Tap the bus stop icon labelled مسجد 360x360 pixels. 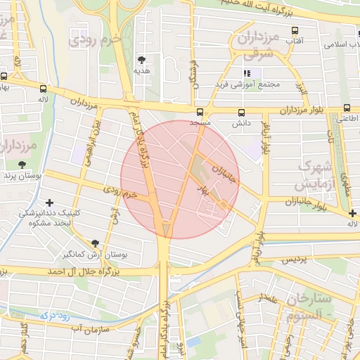click(x=200, y=112)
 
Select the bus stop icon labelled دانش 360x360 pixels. click(x=242, y=112)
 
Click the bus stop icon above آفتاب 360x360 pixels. click(x=294, y=31)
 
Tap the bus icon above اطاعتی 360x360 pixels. click(x=347, y=108)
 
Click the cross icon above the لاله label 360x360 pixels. click(x=352, y=213)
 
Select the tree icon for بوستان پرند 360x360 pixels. click(x=22, y=165)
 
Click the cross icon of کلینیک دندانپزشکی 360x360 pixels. click(x=48, y=202)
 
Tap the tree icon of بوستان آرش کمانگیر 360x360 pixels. click(x=95, y=243)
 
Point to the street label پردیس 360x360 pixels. click(x=295, y=260)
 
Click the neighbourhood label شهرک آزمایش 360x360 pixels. click(x=314, y=176)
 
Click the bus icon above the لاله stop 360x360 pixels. click(x=44, y=89)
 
